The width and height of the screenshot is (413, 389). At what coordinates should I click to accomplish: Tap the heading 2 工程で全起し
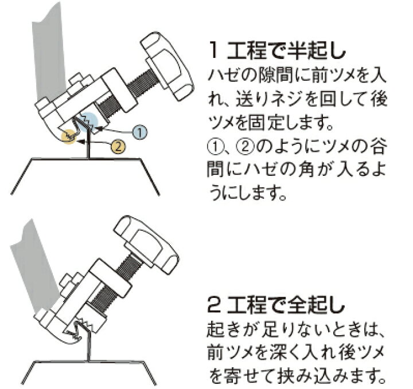tap(276, 304)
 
